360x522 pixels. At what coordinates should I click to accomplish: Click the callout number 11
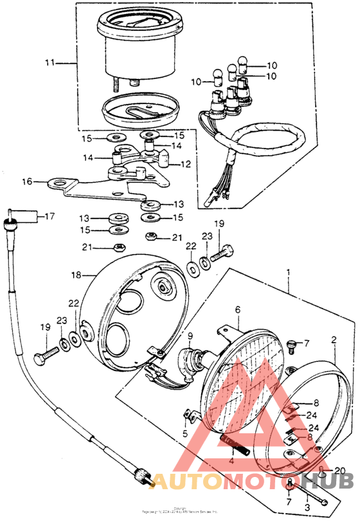[51, 63]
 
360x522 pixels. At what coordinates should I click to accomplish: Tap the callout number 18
[76, 274]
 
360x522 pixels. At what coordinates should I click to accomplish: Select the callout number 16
[26, 182]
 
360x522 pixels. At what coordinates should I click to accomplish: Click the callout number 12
[185, 165]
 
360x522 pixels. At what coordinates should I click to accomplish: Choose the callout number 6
[237, 310]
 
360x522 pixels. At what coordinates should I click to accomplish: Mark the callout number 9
[190, 336]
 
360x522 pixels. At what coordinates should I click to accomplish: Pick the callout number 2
[333, 339]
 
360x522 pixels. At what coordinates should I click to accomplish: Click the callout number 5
[185, 435]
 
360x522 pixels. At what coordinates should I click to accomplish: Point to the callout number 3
[307, 508]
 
